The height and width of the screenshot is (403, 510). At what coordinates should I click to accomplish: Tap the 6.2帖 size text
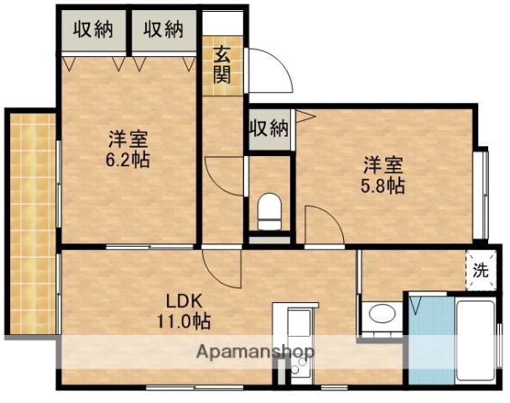click(127, 160)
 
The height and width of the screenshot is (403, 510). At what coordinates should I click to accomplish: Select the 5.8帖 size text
click(383, 186)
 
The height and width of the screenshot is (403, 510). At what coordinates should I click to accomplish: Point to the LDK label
click(185, 301)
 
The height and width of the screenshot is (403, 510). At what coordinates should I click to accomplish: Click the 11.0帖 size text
click(184, 322)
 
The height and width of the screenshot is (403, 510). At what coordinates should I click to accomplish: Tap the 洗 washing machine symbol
click(481, 270)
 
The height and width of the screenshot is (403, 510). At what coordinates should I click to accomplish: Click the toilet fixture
click(269, 212)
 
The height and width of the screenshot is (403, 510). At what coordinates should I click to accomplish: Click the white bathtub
click(476, 340)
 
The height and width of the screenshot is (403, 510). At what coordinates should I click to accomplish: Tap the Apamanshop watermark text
click(255, 352)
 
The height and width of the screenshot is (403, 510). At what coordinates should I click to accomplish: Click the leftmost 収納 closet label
click(93, 29)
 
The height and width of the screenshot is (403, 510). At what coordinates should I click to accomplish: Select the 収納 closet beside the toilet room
click(269, 129)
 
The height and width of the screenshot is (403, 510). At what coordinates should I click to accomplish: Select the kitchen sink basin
click(299, 323)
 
